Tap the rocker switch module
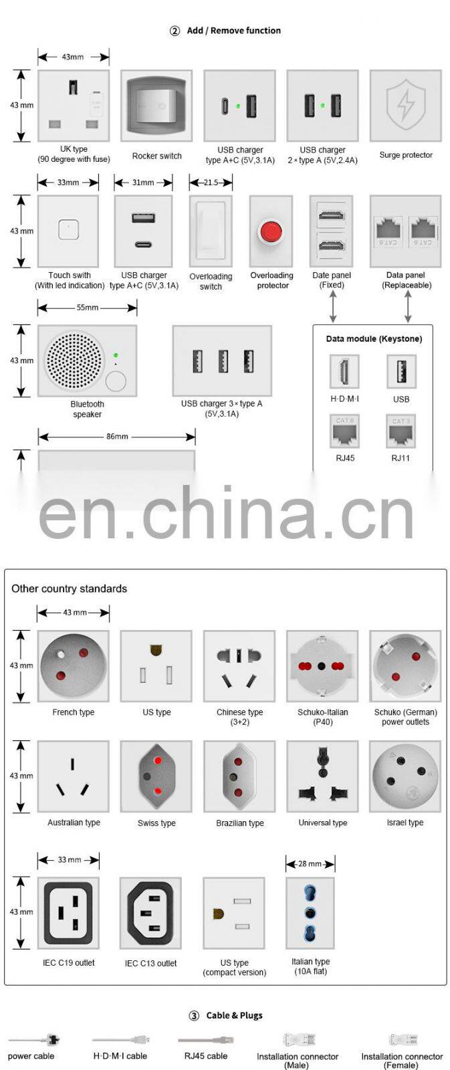pos(156,106)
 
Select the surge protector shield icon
pos(405,106)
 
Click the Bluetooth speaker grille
pos(74,360)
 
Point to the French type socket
pos(74,666)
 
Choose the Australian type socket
pos(73,776)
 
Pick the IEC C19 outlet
pos(68,912)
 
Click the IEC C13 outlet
pos(151,913)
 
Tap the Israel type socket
pos(405,776)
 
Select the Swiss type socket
pos(156,776)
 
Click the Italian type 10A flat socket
pos(310,913)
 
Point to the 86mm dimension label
pos(117,437)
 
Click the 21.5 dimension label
pos(211,182)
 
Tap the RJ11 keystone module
pos(401,431)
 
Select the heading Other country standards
pos(69,588)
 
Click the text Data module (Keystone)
pos(374,339)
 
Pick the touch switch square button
pos(68,230)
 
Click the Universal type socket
pos(322,776)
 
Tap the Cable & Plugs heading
pos(234,1015)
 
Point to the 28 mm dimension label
pos(310,864)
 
